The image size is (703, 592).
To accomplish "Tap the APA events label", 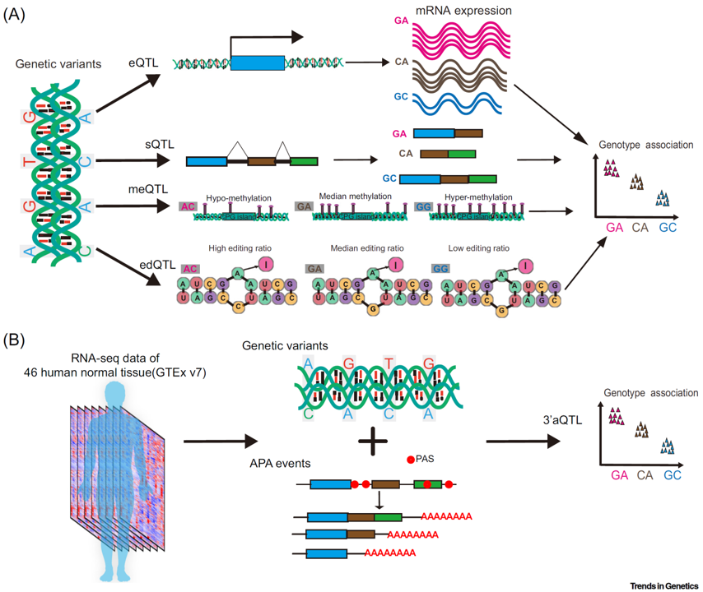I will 273,462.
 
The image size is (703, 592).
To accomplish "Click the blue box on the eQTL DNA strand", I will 258,62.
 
